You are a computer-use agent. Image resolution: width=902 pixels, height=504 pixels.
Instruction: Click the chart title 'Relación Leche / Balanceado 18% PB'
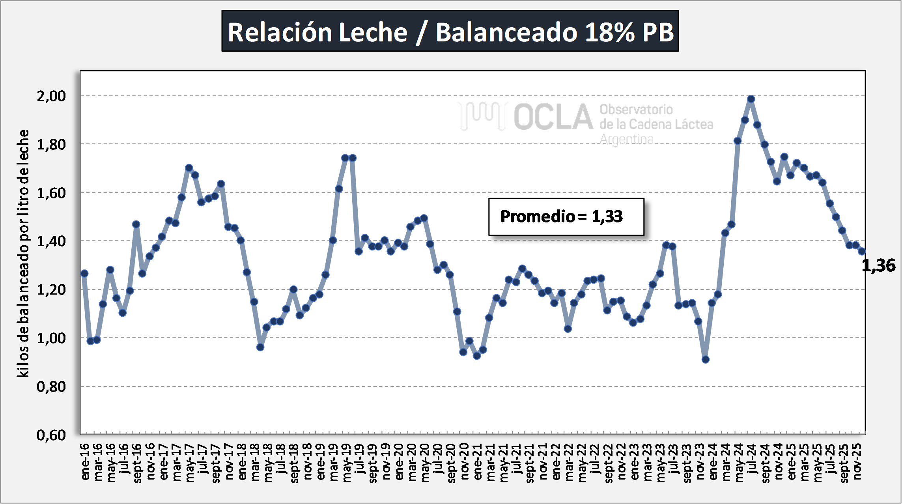coord(450,32)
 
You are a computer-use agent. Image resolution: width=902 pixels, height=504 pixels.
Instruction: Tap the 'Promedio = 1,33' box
coord(566,217)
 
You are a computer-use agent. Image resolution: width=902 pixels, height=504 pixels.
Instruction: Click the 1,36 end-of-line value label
coord(878,265)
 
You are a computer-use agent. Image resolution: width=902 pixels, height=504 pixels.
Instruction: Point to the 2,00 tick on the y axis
coord(51,96)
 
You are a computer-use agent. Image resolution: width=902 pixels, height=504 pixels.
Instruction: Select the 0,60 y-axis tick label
coord(51,435)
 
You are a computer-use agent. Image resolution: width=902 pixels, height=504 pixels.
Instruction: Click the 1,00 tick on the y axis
coord(51,338)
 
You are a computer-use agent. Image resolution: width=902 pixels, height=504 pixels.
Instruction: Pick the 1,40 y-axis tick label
coord(51,241)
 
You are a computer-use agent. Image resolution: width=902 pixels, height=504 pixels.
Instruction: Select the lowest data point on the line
coord(706,359)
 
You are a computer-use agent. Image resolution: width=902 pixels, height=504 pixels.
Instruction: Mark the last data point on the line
coord(862,251)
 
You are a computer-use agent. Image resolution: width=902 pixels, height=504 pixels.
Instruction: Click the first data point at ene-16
coord(84,273)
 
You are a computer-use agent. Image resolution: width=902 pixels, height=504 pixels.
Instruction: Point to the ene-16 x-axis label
coord(85,461)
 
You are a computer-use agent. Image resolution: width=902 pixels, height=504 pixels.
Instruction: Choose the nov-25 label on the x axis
coord(857,461)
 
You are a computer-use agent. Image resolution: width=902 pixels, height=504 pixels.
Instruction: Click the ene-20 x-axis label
coord(399,461)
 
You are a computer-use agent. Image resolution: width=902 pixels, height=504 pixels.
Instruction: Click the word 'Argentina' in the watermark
coord(626,139)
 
